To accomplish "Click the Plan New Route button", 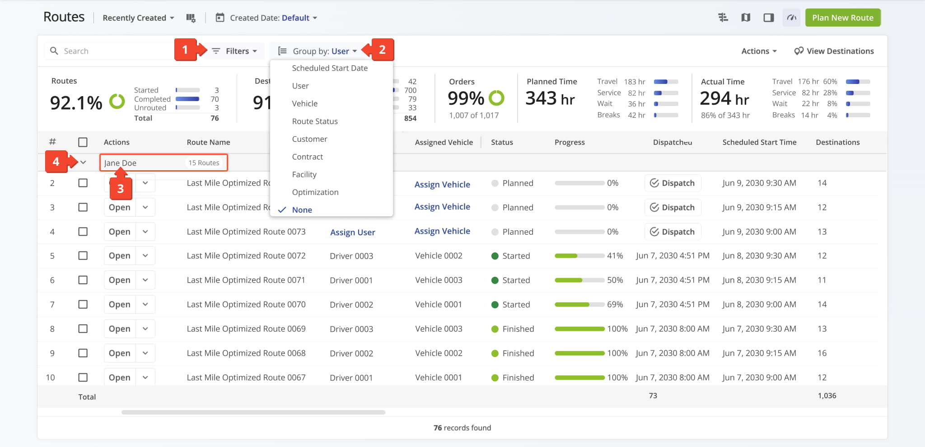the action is pos(843,18).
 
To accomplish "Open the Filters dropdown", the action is pos(234,51).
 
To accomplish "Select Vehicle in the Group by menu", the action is pos(305,103).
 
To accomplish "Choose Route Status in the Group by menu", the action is pos(315,121).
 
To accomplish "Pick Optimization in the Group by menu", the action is pos(315,192).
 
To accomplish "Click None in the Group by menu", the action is pos(302,210).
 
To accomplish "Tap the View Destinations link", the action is pos(834,51).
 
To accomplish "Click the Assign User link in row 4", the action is pos(353,232).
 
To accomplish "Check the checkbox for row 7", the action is pos(83,304).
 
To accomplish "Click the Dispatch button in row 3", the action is pos(673,207).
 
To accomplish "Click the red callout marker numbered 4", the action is pos(56,162).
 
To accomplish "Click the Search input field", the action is pos(111,51).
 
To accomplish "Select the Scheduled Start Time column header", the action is pos(759,142).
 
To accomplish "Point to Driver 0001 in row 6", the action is pos(351,280).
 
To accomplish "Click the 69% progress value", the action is pos(615,304).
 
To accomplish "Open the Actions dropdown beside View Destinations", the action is pos(759,51).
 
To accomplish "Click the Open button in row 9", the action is pos(120,353).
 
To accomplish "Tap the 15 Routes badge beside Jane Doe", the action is pos(204,163).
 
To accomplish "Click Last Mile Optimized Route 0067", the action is pos(246,377).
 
